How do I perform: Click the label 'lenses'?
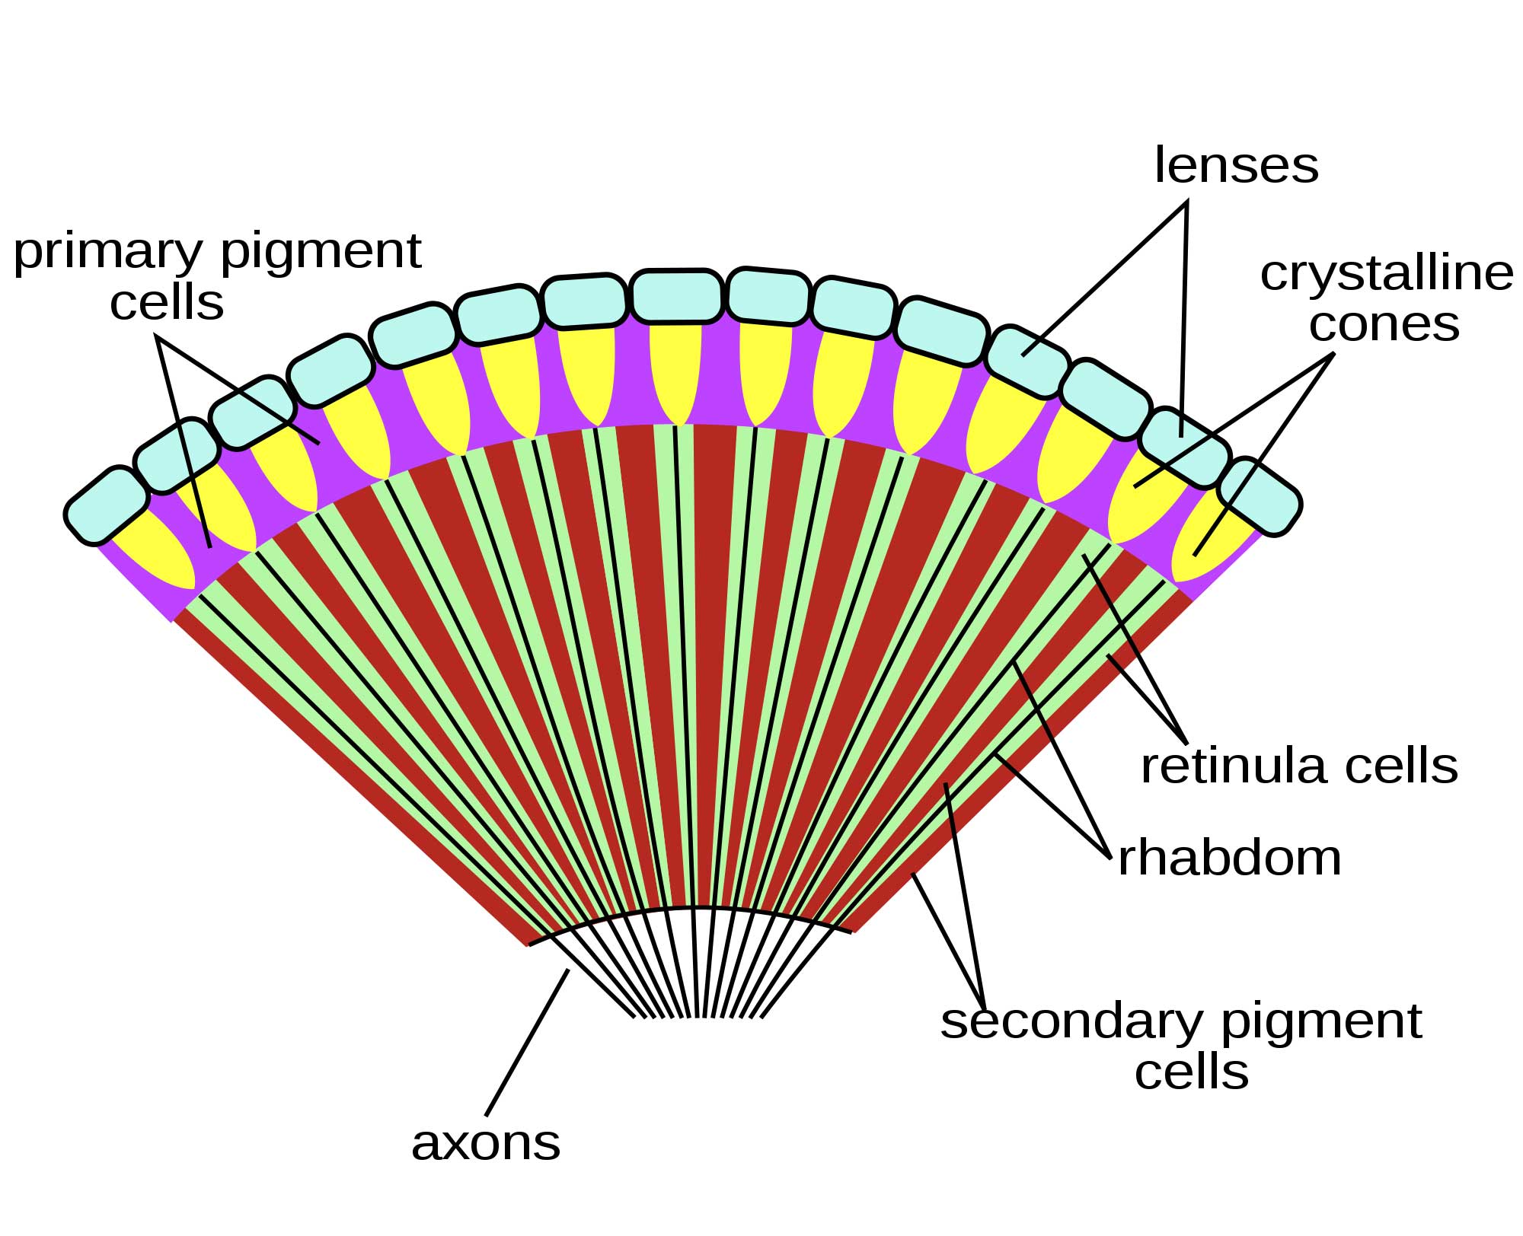[x=1236, y=165]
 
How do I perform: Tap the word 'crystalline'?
[x=1386, y=275]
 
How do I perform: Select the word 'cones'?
[x=1384, y=324]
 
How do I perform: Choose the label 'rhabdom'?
[x=1229, y=859]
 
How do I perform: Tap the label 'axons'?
[x=486, y=1143]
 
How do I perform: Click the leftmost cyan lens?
[x=107, y=506]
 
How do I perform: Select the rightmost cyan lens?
[x=1260, y=496]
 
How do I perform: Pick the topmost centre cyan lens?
[x=676, y=296]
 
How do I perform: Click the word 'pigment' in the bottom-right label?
[x=1322, y=1021]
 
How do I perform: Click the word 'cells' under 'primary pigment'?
[x=167, y=303]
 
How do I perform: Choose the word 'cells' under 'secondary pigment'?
[x=1192, y=1072]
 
